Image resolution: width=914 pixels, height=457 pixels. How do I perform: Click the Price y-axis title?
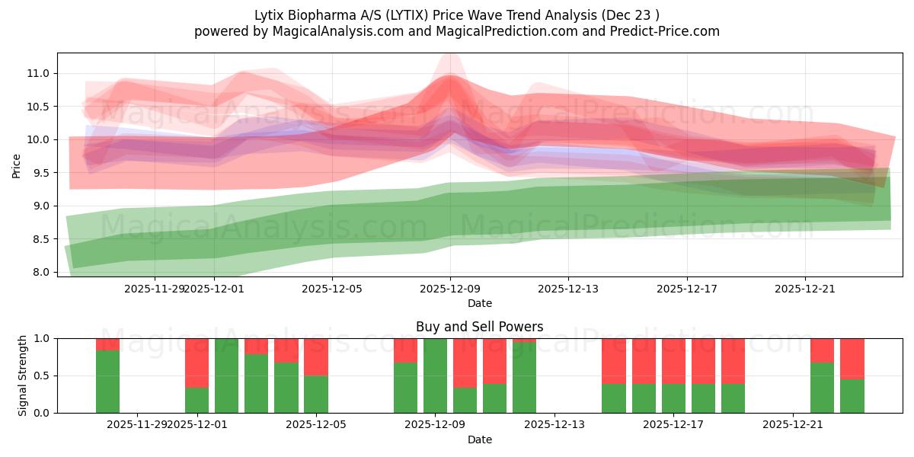click(x=17, y=165)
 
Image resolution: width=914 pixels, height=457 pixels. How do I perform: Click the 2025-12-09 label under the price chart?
click(x=450, y=289)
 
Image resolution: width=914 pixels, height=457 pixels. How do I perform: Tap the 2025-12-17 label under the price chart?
click(x=687, y=289)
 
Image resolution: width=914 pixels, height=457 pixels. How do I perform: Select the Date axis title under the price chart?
click(x=480, y=303)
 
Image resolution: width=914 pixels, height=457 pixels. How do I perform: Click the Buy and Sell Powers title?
click(x=480, y=327)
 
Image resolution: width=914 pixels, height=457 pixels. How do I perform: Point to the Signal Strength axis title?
click(x=23, y=376)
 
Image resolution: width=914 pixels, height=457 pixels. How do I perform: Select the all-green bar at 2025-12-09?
click(x=435, y=376)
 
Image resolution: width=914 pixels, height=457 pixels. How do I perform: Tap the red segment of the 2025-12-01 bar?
click(x=197, y=363)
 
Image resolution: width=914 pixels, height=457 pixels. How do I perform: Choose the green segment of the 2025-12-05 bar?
click(x=316, y=394)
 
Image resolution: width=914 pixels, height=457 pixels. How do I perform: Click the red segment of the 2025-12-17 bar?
click(x=673, y=360)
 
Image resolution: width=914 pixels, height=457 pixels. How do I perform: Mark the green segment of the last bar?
click(x=852, y=396)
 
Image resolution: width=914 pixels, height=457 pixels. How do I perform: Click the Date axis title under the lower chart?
click(x=480, y=439)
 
